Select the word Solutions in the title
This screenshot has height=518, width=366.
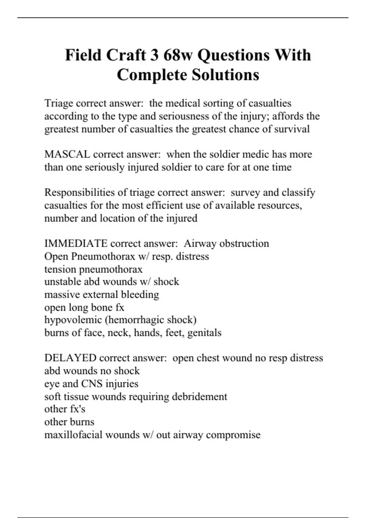tap(225, 75)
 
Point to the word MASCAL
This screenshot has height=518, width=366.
tap(67, 154)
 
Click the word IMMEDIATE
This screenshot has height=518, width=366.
tap(76, 243)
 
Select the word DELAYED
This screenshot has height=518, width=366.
tap(70, 358)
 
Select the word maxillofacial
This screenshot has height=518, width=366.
tap(73, 435)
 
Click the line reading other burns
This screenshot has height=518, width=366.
tap(69, 422)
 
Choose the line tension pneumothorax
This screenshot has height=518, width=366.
tap(93, 269)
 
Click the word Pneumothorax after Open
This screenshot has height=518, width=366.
tap(103, 257)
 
